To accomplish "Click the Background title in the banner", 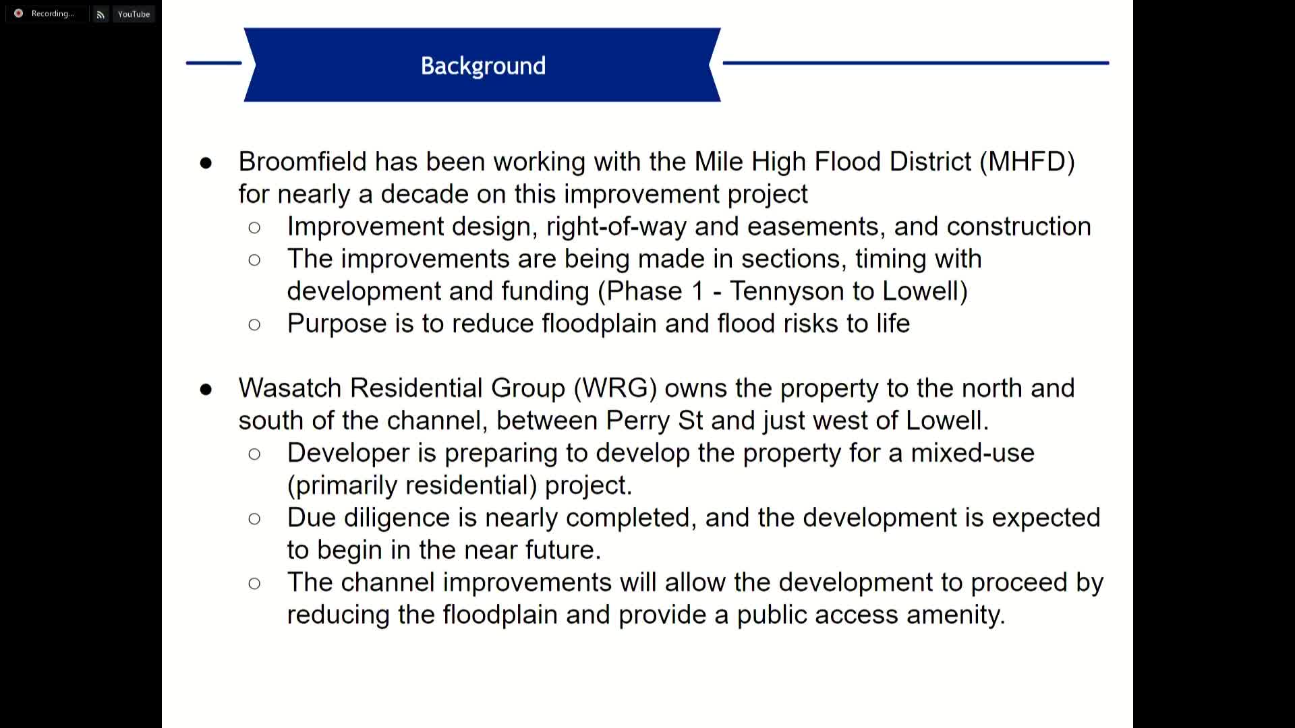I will pos(483,66).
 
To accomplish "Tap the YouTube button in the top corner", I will pos(134,14).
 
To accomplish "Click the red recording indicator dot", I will pos(18,13).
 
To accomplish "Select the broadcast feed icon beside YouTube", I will pos(100,14).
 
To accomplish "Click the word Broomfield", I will pos(302,162).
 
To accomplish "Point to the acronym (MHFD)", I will pos(1027,162).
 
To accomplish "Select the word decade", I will pos(424,194).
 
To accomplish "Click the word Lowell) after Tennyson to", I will pos(925,291).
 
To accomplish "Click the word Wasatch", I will pos(290,388).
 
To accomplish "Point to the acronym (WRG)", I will pos(615,388).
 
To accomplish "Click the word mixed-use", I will pos(972,453).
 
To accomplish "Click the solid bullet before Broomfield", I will pos(206,163).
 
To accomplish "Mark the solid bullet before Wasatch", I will pos(206,390).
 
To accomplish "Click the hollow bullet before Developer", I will pos(254,454).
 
